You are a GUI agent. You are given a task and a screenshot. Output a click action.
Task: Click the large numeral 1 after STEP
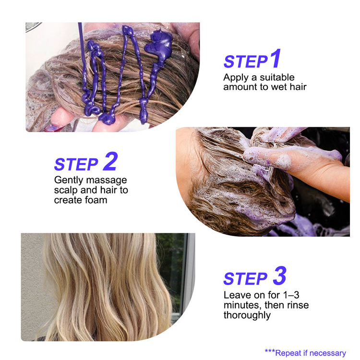pos(275,59)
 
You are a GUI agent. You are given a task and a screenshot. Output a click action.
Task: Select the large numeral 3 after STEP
pos(279,276)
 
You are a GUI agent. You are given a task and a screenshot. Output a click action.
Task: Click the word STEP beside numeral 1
pos(245,62)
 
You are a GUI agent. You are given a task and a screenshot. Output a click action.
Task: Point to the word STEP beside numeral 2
pos(76,164)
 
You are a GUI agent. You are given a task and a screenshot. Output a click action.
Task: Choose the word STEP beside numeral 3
pos(245,279)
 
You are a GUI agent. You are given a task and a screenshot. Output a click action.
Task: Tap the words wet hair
pos(289,87)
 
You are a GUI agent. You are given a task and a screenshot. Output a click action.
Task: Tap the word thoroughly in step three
pos(247,315)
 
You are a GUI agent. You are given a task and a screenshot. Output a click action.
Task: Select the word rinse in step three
pos(298,305)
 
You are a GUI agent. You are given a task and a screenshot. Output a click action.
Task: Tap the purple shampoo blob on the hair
pos(158,42)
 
